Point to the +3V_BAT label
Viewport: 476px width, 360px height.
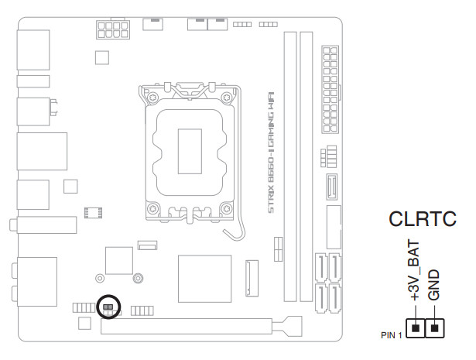(x=413, y=271)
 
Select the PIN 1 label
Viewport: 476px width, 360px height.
(x=392, y=334)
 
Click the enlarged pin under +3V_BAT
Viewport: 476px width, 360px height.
(x=416, y=329)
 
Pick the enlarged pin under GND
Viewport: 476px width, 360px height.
(x=436, y=329)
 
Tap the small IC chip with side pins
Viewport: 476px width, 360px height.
(x=94, y=211)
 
